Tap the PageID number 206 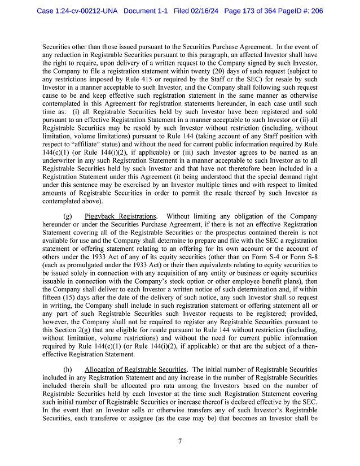pyautogui.click(x=316, y=11)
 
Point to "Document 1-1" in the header pyautogui.click(x=145, y=11)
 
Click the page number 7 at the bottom pyautogui.click(x=179, y=441)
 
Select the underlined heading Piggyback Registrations pyautogui.click(x=120, y=216)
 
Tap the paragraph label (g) pyautogui.click(x=68, y=216)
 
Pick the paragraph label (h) pyautogui.click(x=68, y=369)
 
